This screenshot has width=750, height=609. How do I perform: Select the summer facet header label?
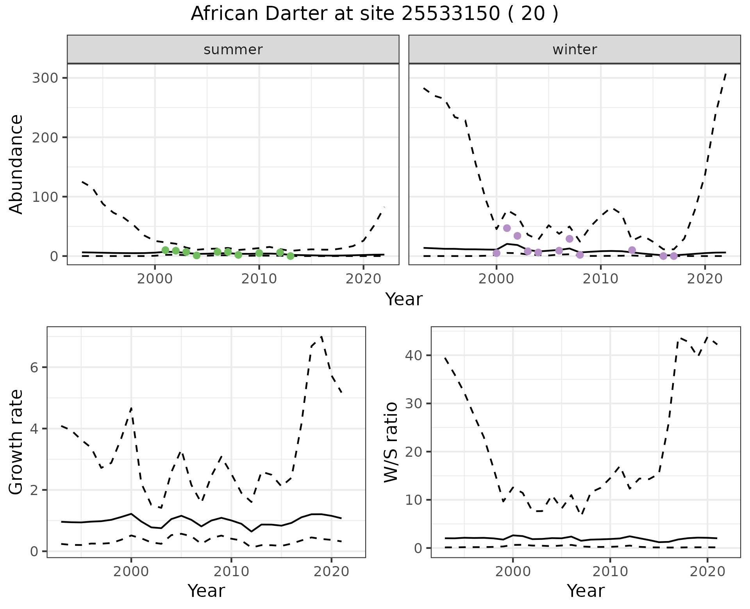pos(233,50)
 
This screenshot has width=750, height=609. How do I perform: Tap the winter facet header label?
pos(575,50)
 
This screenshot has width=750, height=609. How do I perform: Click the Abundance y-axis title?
pos(16,164)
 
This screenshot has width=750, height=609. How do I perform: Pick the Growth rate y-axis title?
pos(16,442)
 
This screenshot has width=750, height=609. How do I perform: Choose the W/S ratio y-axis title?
pos(391,442)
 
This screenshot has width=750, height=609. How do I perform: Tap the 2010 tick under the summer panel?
pos(259,279)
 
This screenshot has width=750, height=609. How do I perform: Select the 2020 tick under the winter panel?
pos(705,279)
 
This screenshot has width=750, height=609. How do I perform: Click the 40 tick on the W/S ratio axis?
pos(414,355)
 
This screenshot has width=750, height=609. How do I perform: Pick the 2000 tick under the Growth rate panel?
pos(131,572)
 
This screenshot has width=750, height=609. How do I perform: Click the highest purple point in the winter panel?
pos(507,228)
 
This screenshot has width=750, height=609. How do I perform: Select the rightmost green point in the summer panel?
pos(290,256)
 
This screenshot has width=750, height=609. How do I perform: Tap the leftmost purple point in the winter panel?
pos(496,253)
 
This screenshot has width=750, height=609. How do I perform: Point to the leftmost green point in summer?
pos(165,250)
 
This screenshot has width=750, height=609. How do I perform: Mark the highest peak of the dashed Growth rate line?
pos(321,336)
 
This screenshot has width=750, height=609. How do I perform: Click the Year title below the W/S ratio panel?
pos(586,591)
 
